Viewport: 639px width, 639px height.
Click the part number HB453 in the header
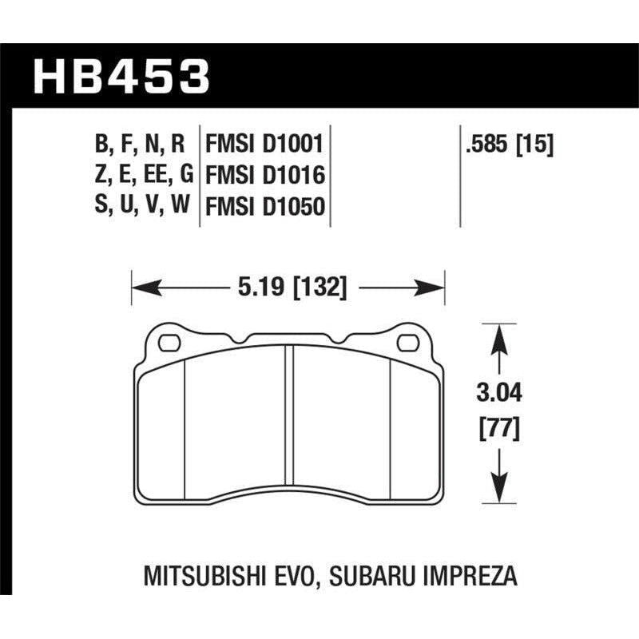[121, 76]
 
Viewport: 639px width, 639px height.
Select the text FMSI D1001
[264, 145]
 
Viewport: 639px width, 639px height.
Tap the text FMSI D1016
[264, 175]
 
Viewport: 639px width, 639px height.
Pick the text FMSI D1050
[264, 206]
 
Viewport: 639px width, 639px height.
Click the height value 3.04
[499, 392]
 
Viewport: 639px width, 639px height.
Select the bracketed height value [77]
[499, 431]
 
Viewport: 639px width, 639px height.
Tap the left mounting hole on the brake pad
[169, 343]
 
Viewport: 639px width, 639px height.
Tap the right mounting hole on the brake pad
[407, 343]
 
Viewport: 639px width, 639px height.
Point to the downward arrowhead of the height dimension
[499, 488]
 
